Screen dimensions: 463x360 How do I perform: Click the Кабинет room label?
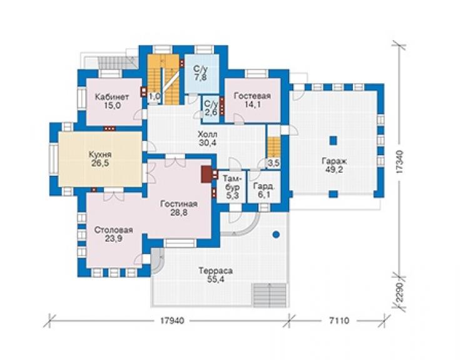[x=112, y=97]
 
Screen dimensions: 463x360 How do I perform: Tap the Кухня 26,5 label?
[x=100, y=159]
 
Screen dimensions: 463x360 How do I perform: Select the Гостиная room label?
[x=179, y=204]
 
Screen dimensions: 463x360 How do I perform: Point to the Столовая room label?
[x=114, y=230]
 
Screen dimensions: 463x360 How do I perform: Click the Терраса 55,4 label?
[x=216, y=275]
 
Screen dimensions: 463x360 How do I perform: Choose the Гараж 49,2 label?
[x=334, y=165]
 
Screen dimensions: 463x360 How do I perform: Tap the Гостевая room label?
[x=253, y=96]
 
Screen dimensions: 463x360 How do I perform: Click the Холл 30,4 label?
[x=208, y=138]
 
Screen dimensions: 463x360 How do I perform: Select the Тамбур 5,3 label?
[x=233, y=187]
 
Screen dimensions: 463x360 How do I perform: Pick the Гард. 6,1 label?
[x=264, y=191]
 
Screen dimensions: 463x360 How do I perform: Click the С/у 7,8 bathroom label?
[x=200, y=73]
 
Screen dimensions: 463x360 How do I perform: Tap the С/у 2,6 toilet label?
[x=211, y=108]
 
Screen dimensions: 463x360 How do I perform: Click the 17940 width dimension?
[x=172, y=321]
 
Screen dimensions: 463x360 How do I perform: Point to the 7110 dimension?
[x=338, y=321]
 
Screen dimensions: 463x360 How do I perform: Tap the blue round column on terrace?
[x=276, y=235]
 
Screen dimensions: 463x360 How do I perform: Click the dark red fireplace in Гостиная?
[x=206, y=174]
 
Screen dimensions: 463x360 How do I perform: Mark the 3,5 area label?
[x=273, y=163]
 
